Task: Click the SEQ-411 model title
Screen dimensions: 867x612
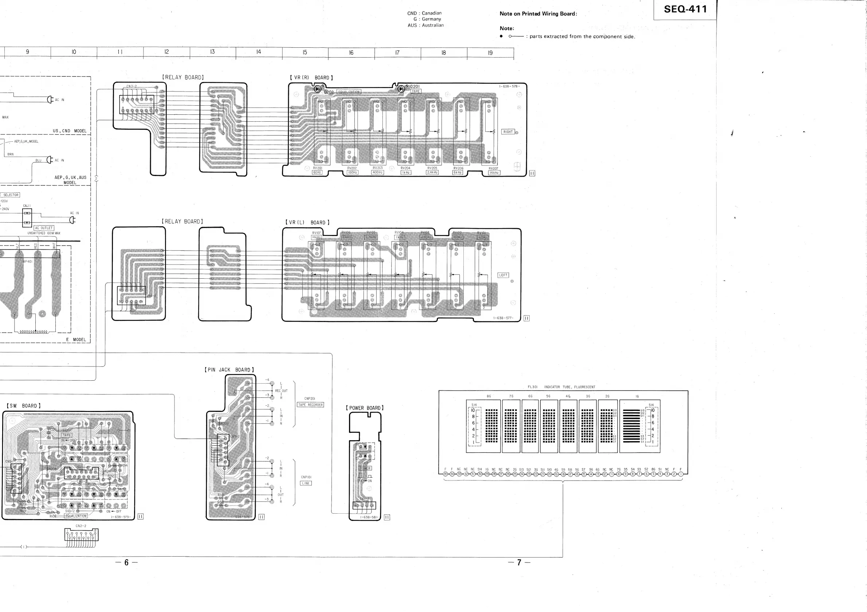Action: pos(685,9)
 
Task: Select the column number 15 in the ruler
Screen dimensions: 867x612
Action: pos(305,52)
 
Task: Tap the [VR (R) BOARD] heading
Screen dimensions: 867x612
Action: pos(311,78)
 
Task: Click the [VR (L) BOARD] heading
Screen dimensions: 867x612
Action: pos(307,223)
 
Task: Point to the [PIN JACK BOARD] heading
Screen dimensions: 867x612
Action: pos(229,370)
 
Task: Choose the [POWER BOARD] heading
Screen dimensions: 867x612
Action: pos(364,408)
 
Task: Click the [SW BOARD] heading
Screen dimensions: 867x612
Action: pos(23,406)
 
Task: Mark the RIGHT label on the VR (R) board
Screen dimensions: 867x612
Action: pos(508,132)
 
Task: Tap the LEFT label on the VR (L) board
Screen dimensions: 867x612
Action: pos(503,275)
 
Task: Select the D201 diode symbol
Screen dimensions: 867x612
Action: pos(401,89)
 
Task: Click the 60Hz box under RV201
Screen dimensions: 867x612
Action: pos(317,173)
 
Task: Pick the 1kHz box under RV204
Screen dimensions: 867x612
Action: pos(405,173)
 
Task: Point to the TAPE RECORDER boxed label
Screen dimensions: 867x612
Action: pos(310,405)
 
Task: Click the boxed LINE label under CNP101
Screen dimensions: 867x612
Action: pos(306,483)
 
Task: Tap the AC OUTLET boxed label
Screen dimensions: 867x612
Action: pos(44,228)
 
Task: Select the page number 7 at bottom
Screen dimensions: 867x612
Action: pos(519,562)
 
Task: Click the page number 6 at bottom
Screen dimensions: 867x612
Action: pos(126,562)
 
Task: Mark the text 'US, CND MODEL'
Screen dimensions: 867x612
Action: pos(70,131)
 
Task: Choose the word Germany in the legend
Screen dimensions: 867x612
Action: pos(431,19)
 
